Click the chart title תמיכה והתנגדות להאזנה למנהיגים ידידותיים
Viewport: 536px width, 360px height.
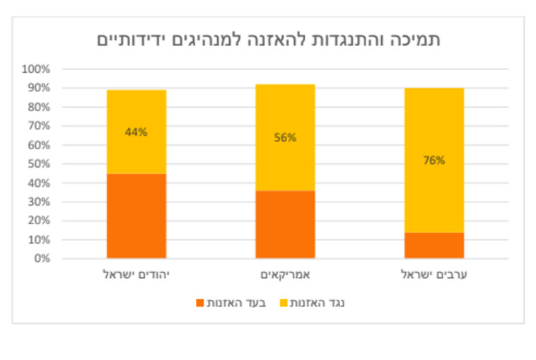point(268,40)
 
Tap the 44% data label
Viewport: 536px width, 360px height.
point(136,132)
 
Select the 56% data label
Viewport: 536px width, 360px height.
point(285,137)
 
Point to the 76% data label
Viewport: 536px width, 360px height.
point(433,160)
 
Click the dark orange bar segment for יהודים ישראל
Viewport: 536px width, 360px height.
point(136,216)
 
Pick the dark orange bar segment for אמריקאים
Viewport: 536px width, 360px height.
point(285,224)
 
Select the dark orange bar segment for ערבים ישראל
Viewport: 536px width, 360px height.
point(433,245)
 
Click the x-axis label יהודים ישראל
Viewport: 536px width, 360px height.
point(136,274)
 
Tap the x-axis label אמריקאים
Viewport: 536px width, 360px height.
point(285,274)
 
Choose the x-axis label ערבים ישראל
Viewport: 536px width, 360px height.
point(433,274)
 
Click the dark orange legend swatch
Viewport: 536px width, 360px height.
point(200,303)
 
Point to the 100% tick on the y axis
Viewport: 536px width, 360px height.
point(36,69)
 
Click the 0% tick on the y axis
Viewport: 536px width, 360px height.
point(41,258)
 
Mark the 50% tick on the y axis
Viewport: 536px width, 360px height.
point(38,164)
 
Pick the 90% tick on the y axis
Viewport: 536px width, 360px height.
point(38,88)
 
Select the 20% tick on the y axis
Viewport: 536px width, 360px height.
point(38,221)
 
